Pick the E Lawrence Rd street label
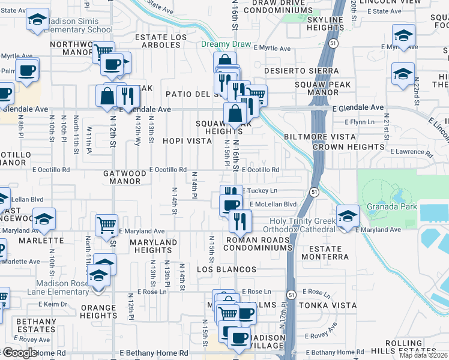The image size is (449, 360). tap(411, 153)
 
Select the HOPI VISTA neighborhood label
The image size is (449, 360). tap(187, 141)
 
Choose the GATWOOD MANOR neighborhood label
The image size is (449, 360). tap(125, 177)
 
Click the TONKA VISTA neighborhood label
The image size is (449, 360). tap(336, 305)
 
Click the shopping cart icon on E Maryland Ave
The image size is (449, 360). tap(106, 226)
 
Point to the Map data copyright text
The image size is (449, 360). tap(424, 355)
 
